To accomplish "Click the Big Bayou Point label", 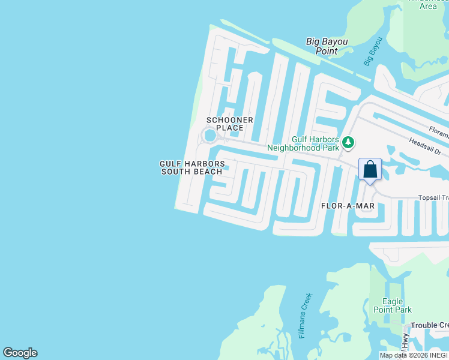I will pos(327,46).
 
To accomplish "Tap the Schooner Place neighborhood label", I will pos(229,124).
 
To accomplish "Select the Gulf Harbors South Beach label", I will pos(192,167).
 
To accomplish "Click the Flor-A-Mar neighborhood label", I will pos(349,206).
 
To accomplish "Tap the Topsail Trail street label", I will pos(433,197).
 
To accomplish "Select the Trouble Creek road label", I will pos(429,325).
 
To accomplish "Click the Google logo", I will pos(20,353).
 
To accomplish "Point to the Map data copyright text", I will pos(414,355).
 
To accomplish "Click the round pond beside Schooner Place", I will pos(209,136).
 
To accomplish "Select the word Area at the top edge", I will pos(428,6).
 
